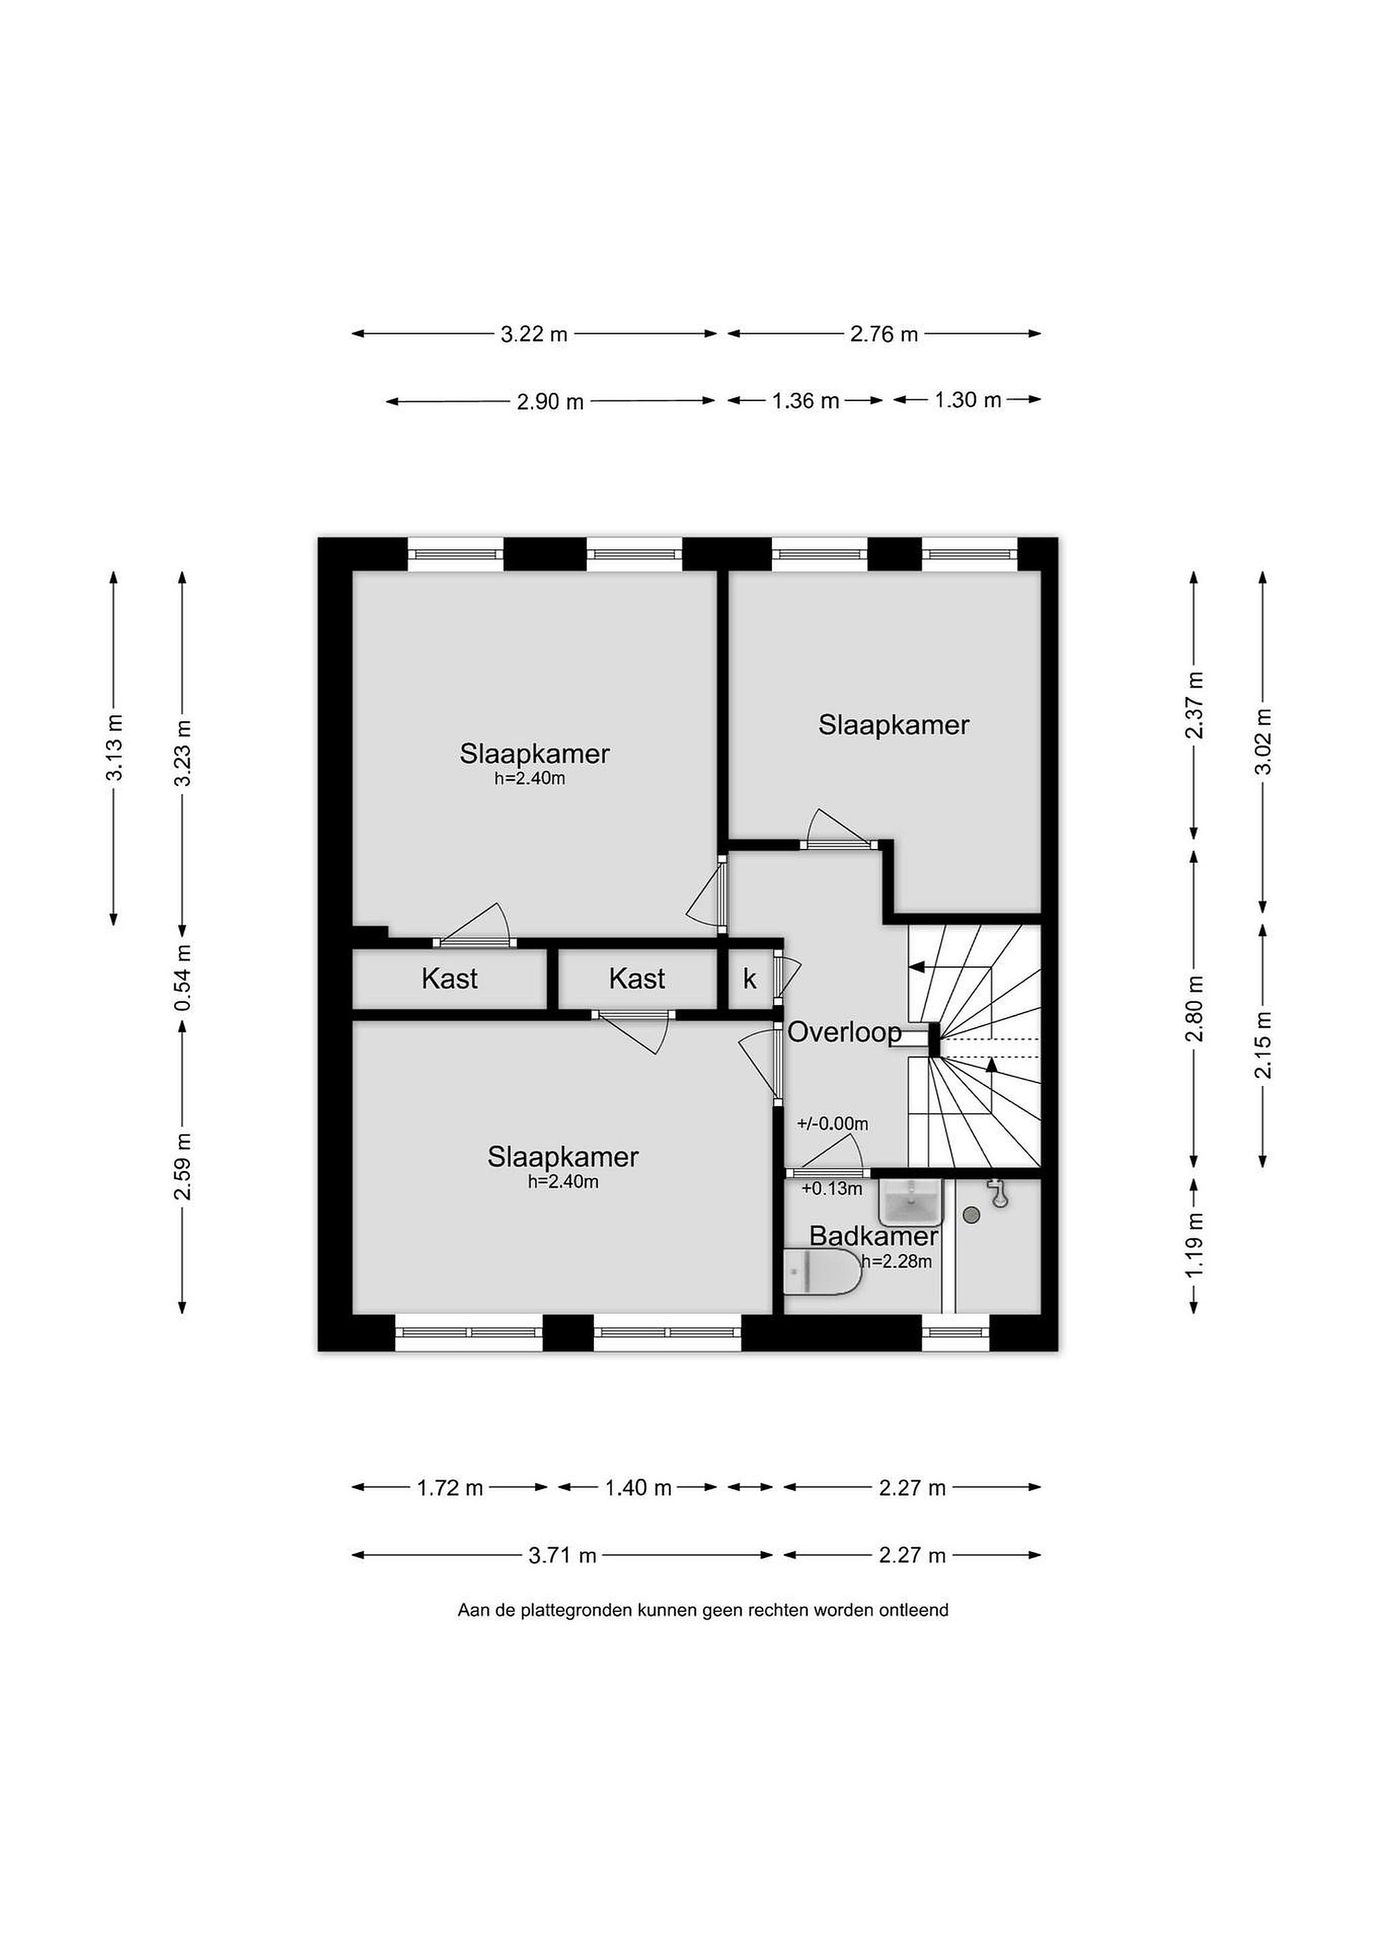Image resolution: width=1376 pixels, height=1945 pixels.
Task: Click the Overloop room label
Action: click(845, 1033)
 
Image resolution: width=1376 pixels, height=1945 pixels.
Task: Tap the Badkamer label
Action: click(873, 1236)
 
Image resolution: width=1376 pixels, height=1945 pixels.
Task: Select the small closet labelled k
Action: click(750, 979)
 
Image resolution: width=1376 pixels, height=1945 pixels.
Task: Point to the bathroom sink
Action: click(911, 1202)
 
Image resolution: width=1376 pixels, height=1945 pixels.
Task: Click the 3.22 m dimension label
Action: click(534, 334)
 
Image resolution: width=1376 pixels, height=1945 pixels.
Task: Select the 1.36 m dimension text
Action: click(805, 400)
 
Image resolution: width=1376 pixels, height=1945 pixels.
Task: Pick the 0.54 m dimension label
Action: click(182, 978)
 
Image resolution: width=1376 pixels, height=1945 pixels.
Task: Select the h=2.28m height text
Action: click(896, 1262)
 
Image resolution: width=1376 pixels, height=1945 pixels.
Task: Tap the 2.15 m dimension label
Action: click(1263, 1045)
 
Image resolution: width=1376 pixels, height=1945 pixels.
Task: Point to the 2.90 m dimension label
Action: click(551, 402)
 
